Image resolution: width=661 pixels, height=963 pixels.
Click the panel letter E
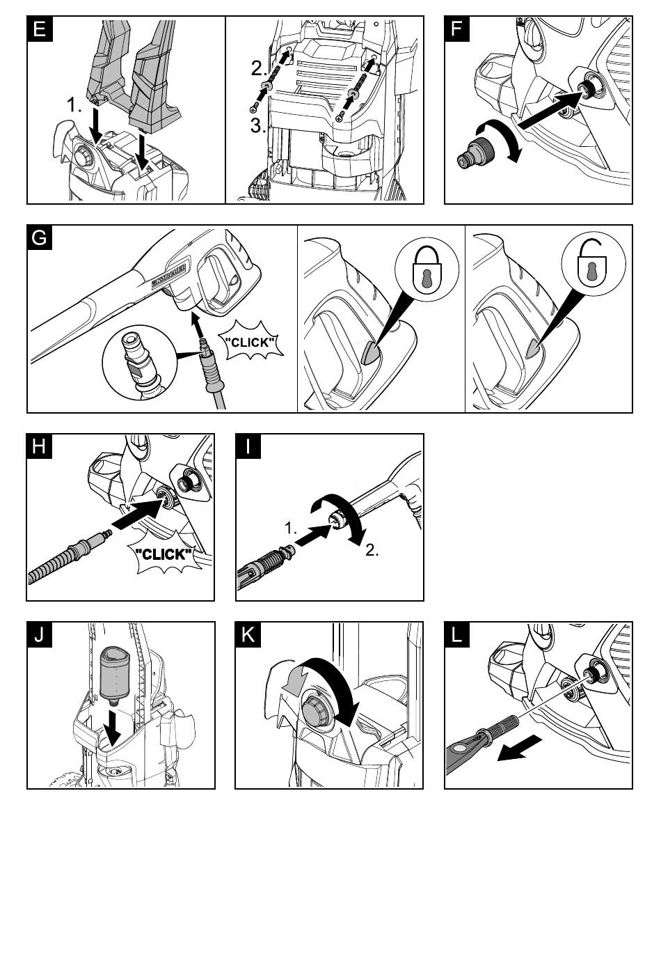click(40, 29)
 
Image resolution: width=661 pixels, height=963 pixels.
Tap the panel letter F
click(457, 29)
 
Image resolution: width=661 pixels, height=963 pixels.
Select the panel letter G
click(40, 237)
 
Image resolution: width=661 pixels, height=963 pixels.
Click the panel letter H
click(40, 446)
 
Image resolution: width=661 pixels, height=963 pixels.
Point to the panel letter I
click(248, 446)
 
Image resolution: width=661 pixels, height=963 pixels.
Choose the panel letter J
click(40, 634)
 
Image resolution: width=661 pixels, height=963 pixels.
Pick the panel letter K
click(248, 634)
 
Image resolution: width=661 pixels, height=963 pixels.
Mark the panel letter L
click(457, 634)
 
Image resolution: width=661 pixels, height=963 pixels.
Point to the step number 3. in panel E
click(258, 127)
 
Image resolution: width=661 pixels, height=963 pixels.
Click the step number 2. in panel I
click(372, 550)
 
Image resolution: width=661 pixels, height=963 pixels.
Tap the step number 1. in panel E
click(75, 106)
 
